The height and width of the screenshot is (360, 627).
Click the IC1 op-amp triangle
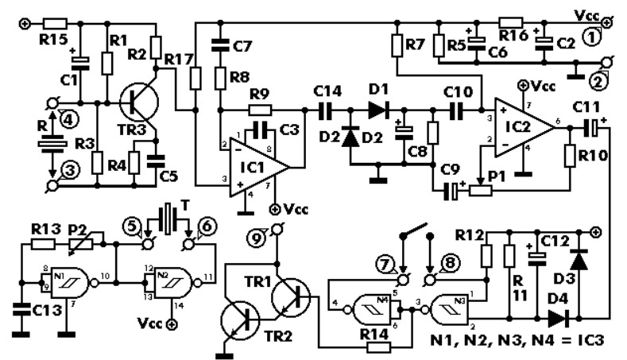[x=256, y=167]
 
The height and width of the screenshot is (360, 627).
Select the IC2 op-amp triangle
[x=522, y=127]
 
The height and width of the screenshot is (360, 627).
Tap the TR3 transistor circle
[x=139, y=103]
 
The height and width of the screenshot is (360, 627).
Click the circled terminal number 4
[x=69, y=118]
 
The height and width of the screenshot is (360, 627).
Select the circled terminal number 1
[x=592, y=37]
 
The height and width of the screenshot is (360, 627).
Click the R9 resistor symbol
[x=261, y=109]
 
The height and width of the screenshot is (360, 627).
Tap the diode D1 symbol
[x=379, y=109]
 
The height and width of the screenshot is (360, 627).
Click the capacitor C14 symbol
[x=326, y=109]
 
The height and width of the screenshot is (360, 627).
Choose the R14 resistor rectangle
[x=378, y=346]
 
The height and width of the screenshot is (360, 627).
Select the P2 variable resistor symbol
[x=83, y=244]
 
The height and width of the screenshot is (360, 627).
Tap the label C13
[x=47, y=309]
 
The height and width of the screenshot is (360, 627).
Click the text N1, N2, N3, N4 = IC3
[x=518, y=340]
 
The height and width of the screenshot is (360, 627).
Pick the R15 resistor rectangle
[x=55, y=24]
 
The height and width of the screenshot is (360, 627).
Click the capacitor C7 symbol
[x=220, y=45]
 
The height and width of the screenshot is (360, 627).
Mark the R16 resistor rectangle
[x=511, y=23]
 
